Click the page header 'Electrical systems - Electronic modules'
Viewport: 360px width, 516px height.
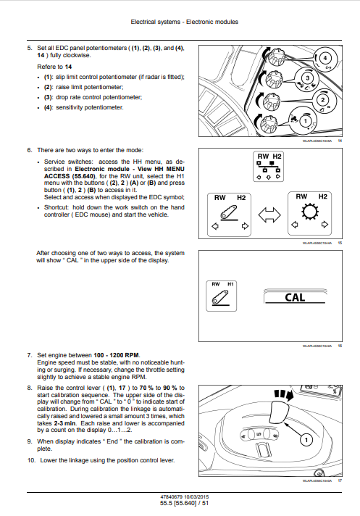pos(185,22)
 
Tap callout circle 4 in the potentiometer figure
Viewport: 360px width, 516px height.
pos(325,58)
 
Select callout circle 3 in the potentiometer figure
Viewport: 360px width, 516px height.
pos(307,78)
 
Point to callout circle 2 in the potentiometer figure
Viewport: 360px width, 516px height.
pos(322,100)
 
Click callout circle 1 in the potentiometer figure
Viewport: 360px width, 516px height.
pos(306,121)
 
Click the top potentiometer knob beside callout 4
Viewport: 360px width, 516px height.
pos(275,57)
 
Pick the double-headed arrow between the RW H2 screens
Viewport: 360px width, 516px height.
pos(269,215)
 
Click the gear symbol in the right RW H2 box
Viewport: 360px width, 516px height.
pos(310,212)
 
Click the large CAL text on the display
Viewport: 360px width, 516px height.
pos(295,297)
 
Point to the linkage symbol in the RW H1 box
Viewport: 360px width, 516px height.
pos(220,298)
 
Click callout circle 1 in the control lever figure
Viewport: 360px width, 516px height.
pos(306,440)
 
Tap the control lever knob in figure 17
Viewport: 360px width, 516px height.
pos(280,411)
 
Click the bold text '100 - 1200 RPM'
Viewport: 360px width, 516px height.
pos(117,355)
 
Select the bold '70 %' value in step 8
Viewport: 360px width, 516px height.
pos(146,388)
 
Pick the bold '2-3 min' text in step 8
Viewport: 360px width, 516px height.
pos(64,423)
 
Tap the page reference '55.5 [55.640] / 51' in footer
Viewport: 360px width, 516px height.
pos(185,503)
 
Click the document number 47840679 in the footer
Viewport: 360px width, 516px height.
pos(171,497)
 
